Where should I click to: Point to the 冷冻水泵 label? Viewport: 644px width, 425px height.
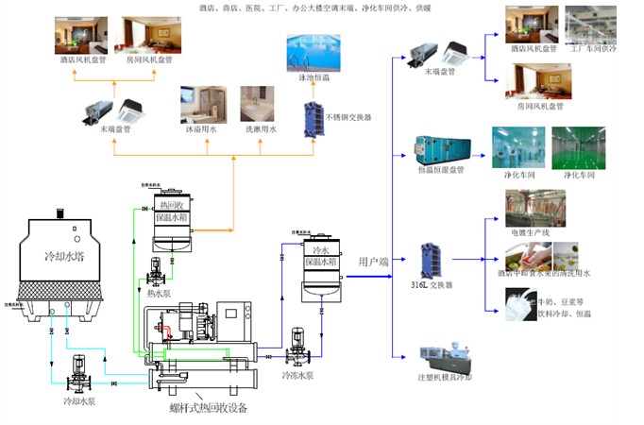pos(298,375)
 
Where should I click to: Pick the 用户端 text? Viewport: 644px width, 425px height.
pos(374,261)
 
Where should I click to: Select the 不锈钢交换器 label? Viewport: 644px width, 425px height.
pos(348,117)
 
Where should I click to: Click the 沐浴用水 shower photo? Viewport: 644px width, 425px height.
pos(201,106)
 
